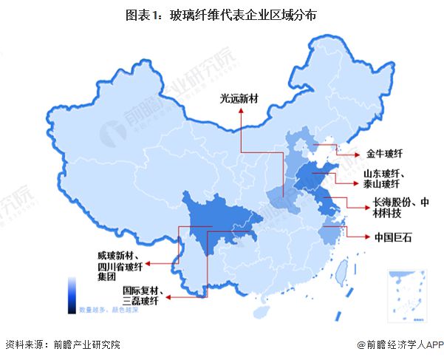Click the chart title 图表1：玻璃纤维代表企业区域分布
coord(222,14)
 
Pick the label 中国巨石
coord(391,237)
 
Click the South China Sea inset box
coord(406,294)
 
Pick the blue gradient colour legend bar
coord(72,294)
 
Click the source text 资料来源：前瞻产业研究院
coord(63,344)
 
